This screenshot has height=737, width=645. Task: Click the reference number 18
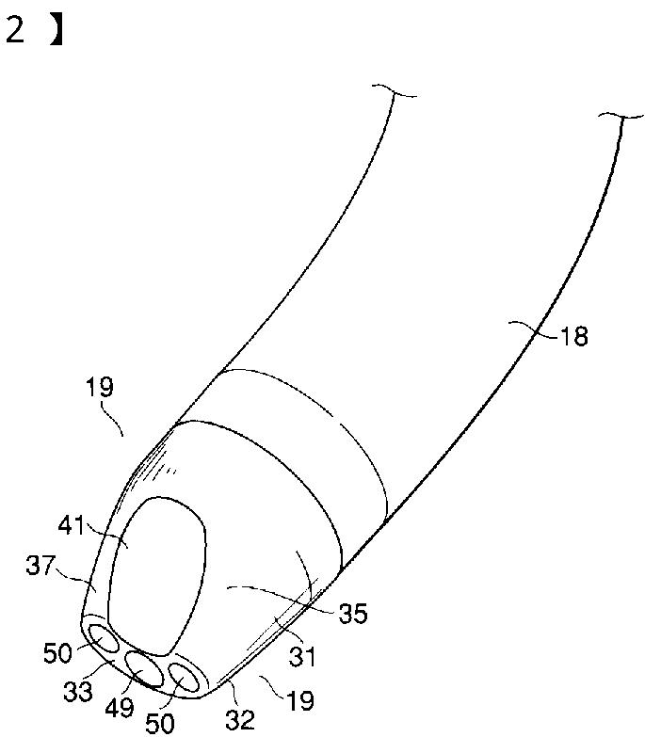pyautogui.click(x=573, y=336)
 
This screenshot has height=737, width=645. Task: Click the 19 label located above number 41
pyautogui.click(x=99, y=386)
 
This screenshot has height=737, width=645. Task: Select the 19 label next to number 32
pyautogui.click(x=299, y=700)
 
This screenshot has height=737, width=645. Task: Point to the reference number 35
pyautogui.click(x=354, y=614)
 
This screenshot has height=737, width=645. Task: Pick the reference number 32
pyautogui.click(x=241, y=720)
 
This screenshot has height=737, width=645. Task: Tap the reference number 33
pyautogui.click(x=79, y=692)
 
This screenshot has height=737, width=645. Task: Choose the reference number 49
pyautogui.click(x=120, y=709)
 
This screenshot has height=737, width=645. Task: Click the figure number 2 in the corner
pyautogui.click(x=15, y=30)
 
